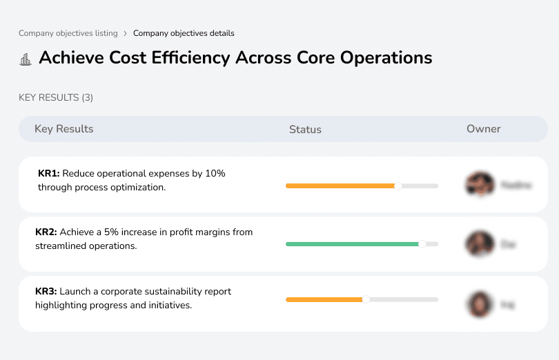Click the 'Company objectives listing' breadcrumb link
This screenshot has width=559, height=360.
coord(68,33)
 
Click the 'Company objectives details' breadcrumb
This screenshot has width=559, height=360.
coord(184,33)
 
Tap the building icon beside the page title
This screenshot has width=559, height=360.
coord(26,59)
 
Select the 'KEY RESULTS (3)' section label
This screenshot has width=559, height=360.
coord(56,98)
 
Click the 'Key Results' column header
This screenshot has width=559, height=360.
coord(63,129)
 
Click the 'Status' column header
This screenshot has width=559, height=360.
coord(305,130)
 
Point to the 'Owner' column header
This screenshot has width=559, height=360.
coord(483,129)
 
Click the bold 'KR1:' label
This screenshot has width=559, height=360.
coord(49,174)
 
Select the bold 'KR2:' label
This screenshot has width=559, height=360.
coord(46,232)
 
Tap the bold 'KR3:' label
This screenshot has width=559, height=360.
coord(46,292)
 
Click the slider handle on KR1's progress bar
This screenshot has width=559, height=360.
coord(398,186)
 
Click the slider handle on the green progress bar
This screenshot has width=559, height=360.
coord(422,243)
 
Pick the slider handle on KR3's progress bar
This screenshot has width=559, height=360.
coord(366,299)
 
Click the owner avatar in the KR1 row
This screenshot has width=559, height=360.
coord(480,185)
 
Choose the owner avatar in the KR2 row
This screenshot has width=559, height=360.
coord(480,243)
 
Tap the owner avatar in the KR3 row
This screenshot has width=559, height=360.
coord(480,303)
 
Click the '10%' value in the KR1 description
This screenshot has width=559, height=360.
coord(215,174)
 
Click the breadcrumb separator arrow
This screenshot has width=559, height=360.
coord(125,33)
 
